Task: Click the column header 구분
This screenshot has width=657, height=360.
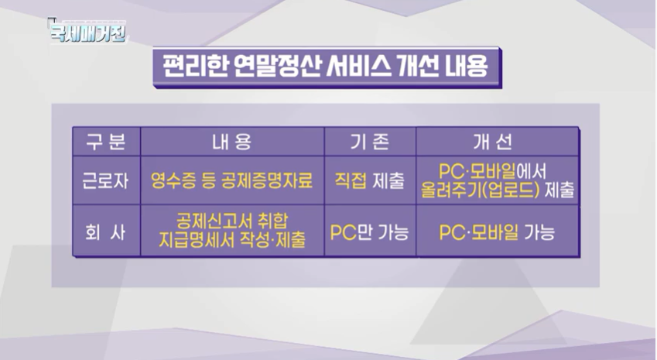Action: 105,142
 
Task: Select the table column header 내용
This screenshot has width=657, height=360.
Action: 231,142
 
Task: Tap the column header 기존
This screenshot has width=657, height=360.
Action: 370,142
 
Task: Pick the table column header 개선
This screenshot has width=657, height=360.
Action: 496,142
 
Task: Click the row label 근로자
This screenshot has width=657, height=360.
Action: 105,181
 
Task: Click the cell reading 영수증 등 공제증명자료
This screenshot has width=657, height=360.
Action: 231,181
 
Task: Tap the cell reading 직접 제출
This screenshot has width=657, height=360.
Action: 369,181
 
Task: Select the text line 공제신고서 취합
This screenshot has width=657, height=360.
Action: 231,220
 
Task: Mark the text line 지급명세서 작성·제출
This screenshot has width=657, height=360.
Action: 231,239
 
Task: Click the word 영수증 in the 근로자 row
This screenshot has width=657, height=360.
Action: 170,181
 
